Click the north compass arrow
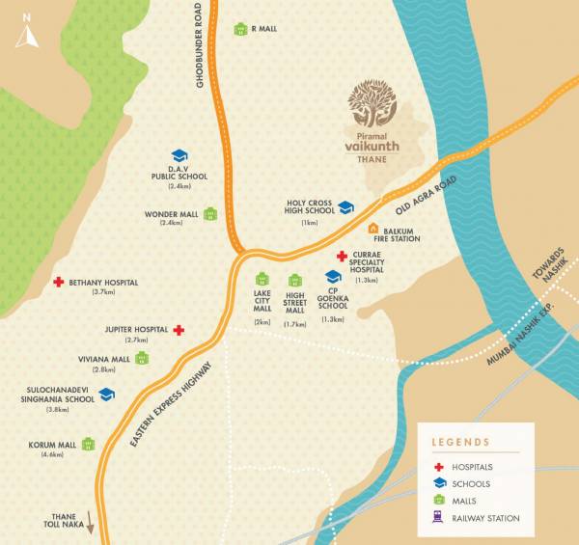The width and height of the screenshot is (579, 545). pos(27,36)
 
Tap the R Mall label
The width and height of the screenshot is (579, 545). pos(263,29)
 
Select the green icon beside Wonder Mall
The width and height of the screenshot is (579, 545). pos(210,214)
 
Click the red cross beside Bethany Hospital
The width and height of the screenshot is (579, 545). pos(59,282)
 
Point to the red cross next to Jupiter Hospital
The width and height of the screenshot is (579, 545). pos(179,329)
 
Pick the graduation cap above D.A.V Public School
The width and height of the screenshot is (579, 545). pos(179,155)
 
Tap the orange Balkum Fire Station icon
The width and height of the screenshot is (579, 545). pos(374,229)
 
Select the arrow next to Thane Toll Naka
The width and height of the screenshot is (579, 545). pos(92,523)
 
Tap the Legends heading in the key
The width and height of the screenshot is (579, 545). pos(461,443)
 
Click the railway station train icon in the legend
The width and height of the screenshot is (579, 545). pos(439,518)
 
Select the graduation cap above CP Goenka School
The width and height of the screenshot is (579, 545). pos(333,278)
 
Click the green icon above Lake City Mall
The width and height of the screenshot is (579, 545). pos(262,281)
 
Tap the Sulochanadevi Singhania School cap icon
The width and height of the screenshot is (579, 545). pos(106,395)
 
